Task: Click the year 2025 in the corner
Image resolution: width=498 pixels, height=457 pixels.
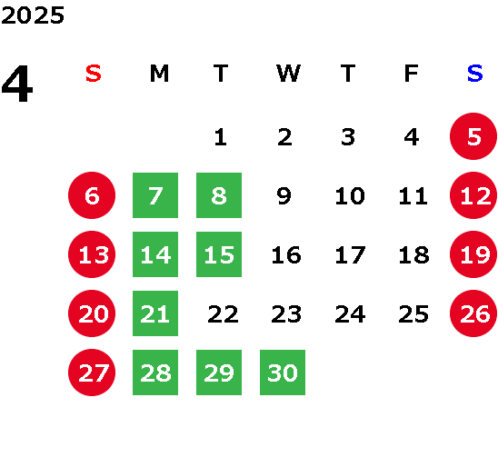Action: coord(33,15)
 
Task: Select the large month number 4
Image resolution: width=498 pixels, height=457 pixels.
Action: coord(17,84)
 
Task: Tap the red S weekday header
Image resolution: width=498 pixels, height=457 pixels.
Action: coord(94,74)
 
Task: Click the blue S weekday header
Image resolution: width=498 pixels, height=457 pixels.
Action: coord(475,74)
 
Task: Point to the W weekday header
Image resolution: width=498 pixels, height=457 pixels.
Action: coord(288,74)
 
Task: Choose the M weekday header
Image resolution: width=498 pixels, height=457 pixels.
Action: coord(159,74)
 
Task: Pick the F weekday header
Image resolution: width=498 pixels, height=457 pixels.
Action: coord(412,74)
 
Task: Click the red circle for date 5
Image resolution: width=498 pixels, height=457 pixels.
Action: coord(473,136)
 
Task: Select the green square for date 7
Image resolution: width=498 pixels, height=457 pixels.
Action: coord(155,195)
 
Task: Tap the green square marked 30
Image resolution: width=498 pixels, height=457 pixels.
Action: coord(283,373)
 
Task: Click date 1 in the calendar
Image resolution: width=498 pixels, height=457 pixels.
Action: coord(221,137)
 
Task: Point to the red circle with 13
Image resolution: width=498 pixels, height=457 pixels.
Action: coord(92,254)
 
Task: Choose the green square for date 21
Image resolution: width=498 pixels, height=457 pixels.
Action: coord(155,313)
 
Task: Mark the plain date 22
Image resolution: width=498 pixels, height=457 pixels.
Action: coord(223,314)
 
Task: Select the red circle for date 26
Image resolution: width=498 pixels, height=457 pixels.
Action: coord(473,313)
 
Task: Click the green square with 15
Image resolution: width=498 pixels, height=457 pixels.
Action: coord(219,254)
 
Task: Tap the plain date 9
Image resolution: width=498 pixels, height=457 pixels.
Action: coord(284,196)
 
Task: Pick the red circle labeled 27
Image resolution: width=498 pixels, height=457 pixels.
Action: coord(92,373)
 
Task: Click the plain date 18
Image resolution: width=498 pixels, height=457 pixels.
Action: coord(413,255)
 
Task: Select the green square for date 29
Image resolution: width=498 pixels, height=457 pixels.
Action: coord(219,373)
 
